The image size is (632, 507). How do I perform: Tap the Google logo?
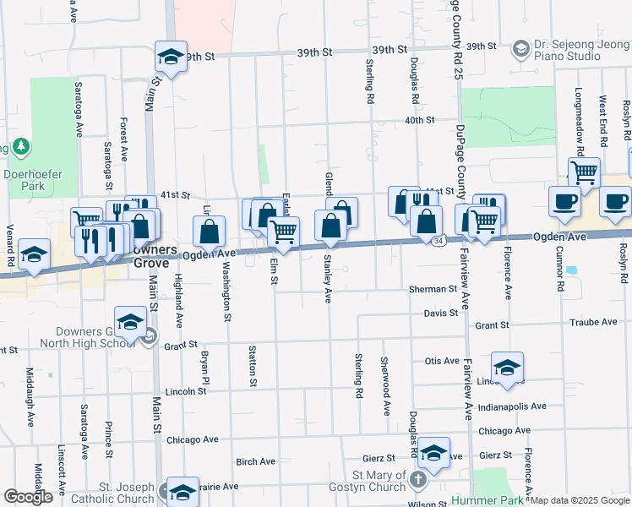coord(27,497)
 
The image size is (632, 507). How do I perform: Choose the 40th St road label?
coord(418,120)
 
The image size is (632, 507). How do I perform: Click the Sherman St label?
coord(433,289)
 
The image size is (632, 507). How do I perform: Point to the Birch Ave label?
coord(256,462)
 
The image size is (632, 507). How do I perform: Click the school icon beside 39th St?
coord(172,57)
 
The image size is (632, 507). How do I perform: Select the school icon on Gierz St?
coord(433,453)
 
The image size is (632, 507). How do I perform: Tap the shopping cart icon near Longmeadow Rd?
coord(584,172)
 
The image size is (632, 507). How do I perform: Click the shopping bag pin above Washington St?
coord(210,231)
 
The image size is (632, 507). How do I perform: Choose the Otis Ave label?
coord(442,361)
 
